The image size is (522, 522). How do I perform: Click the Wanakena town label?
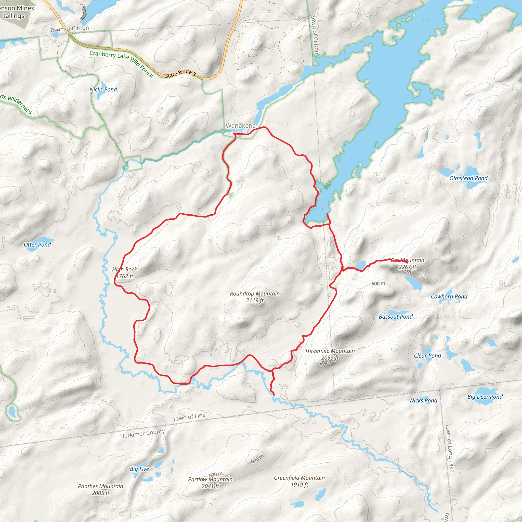point(240,126)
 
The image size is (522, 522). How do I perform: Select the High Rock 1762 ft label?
point(125,273)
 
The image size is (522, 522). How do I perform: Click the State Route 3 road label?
point(180,73)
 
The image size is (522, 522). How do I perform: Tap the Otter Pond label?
point(37,244)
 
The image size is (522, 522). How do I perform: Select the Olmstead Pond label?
point(468,178)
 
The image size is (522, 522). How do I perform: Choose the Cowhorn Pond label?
point(449,296)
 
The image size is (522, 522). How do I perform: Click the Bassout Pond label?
point(396,317)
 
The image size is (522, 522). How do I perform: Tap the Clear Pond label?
point(427,356)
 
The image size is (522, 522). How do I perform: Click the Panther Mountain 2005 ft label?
point(100,489)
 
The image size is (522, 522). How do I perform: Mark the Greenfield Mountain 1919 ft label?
point(299,481)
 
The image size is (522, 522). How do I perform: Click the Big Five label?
point(139,469)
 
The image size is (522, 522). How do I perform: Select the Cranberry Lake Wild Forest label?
point(122,64)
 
